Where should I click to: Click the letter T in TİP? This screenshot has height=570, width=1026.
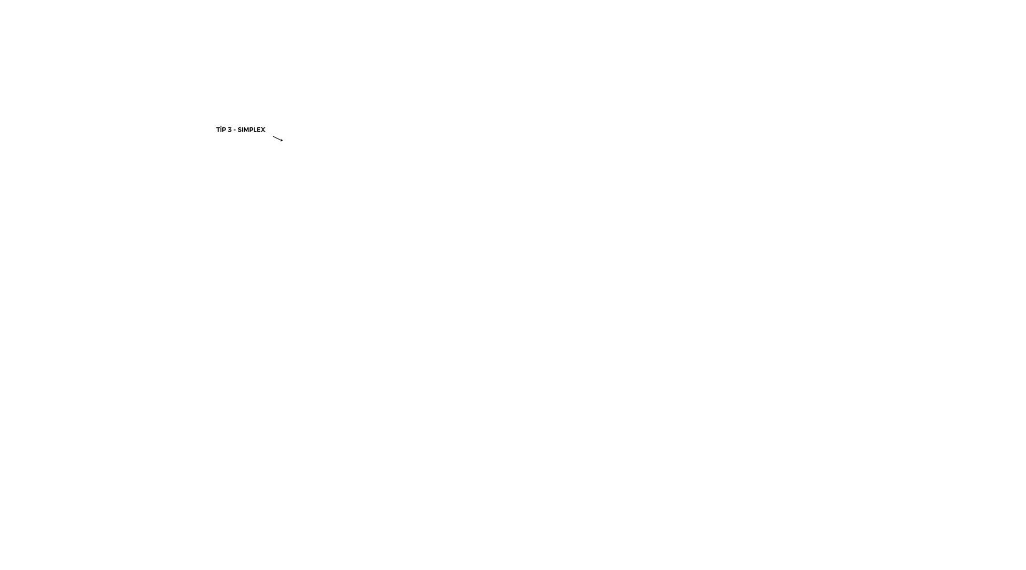tap(218, 130)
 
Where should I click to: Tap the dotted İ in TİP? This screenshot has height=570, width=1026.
tap(221, 129)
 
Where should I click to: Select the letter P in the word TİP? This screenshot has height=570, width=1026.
tap(224, 130)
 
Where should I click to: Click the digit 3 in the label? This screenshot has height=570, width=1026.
tap(230, 130)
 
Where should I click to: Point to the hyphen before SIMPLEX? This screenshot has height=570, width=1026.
tap(235, 130)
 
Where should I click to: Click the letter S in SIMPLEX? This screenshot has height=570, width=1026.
tap(239, 130)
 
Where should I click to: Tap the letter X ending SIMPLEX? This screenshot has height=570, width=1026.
tap(263, 130)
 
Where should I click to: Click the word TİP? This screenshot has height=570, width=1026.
tap(221, 129)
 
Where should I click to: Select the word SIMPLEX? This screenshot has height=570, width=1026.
tap(251, 130)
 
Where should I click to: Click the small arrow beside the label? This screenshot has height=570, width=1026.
tap(278, 138)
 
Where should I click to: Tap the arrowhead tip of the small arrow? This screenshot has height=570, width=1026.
tap(283, 141)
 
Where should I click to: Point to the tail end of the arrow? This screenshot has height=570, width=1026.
tap(273, 136)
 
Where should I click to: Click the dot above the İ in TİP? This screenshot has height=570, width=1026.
tap(221, 126)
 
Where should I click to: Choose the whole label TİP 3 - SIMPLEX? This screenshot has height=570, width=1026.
tap(240, 129)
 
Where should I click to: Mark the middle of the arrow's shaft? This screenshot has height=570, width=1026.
tap(277, 138)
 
